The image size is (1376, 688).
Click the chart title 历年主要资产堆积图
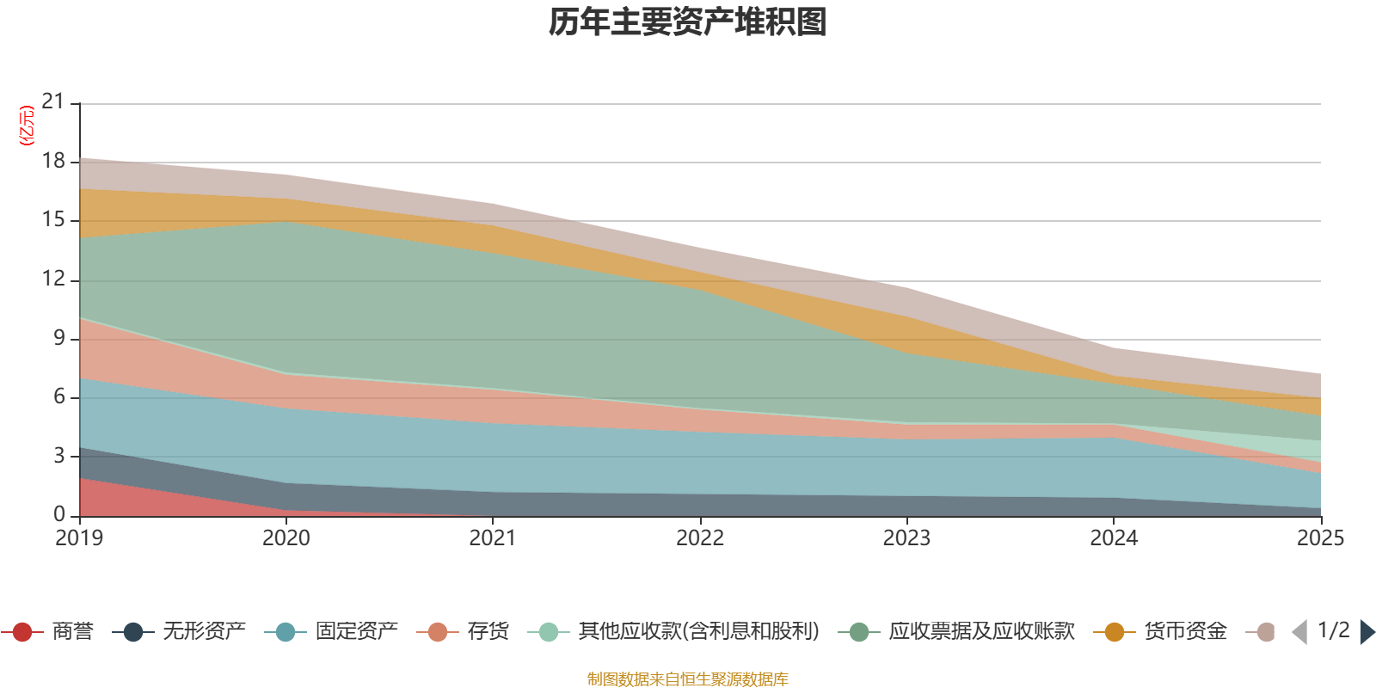[x=688, y=22]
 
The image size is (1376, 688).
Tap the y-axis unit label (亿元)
[x=27, y=126]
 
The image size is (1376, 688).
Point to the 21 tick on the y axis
[x=53, y=102]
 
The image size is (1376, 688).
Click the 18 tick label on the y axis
[x=53, y=161]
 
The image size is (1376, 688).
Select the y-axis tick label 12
[x=53, y=279]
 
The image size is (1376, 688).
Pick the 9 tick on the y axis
[x=58, y=338]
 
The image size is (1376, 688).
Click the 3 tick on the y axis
[x=58, y=456]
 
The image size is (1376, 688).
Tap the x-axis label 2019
[x=79, y=538]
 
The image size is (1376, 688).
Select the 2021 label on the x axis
[x=492, y=538]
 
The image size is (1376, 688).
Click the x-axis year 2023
[x=906, y=538]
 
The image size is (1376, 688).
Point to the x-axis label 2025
[x=1320, y=538]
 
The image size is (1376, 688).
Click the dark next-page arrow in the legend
[x=1367, y=632]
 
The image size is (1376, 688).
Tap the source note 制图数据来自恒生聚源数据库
[x=688, y=679]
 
